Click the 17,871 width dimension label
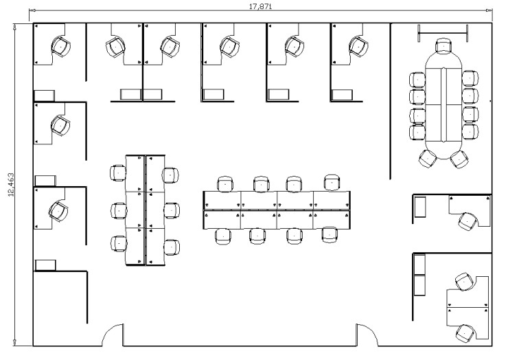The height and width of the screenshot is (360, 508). click(260, 6)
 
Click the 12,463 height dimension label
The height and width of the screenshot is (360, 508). click(11, 185)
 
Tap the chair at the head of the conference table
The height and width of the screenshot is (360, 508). click(443, 45)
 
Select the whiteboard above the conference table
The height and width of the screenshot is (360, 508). click(443, 33)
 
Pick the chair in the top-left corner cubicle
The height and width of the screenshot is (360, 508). click(60, 47)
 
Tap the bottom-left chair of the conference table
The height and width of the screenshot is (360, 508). click(428, 159)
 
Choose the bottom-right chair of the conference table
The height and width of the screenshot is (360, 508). click(460, 159)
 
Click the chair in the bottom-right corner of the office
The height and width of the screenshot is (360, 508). click(465, 333)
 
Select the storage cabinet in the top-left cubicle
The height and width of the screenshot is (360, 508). click(45, 95)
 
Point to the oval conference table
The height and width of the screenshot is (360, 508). click(443, 104)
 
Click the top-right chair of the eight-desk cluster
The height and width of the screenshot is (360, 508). click(332, 183)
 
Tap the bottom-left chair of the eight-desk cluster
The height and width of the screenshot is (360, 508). click(223, 236)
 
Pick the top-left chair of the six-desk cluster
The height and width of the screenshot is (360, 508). click(118, 173)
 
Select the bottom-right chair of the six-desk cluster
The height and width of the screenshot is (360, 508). click(171, 247)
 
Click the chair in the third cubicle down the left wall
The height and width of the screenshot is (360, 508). click(58, 211)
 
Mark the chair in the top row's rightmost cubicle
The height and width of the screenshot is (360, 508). click(358, 46)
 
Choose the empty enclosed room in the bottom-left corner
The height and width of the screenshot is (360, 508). click(60, 308)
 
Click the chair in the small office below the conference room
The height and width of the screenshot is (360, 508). click(468, 221)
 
